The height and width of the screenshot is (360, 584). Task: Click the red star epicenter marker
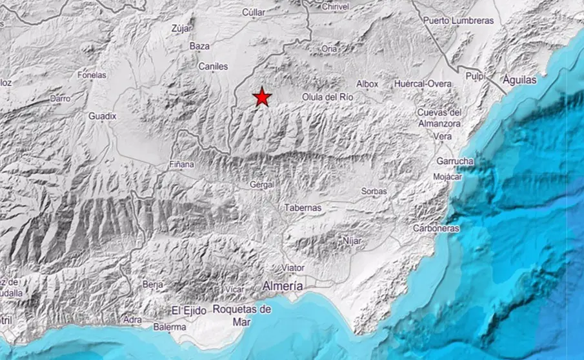(x=262, y=97)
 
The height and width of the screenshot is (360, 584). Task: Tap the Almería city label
(x=283, y=285)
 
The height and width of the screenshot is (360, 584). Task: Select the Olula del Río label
(x=328, y=97)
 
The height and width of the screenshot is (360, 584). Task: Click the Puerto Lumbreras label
(x=458, y=21)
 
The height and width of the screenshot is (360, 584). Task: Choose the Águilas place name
(x=521, y=80)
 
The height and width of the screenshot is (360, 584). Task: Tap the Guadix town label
(x=103, y=116)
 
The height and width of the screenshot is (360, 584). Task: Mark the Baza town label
(x=199, y=46)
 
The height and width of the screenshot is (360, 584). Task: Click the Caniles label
(x=213, y=66)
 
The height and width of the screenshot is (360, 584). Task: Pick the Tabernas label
(x=303, y=208)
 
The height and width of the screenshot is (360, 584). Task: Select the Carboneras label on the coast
(x=437, y=228)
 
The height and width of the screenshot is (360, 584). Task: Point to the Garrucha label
(x=455, y=161)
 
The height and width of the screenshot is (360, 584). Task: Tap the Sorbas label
(x=374, y=192)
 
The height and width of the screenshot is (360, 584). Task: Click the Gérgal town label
(x=262, y=185)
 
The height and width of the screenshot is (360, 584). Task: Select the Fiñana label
(x=182, y=165)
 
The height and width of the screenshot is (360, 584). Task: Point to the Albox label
(x=367, y=84)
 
